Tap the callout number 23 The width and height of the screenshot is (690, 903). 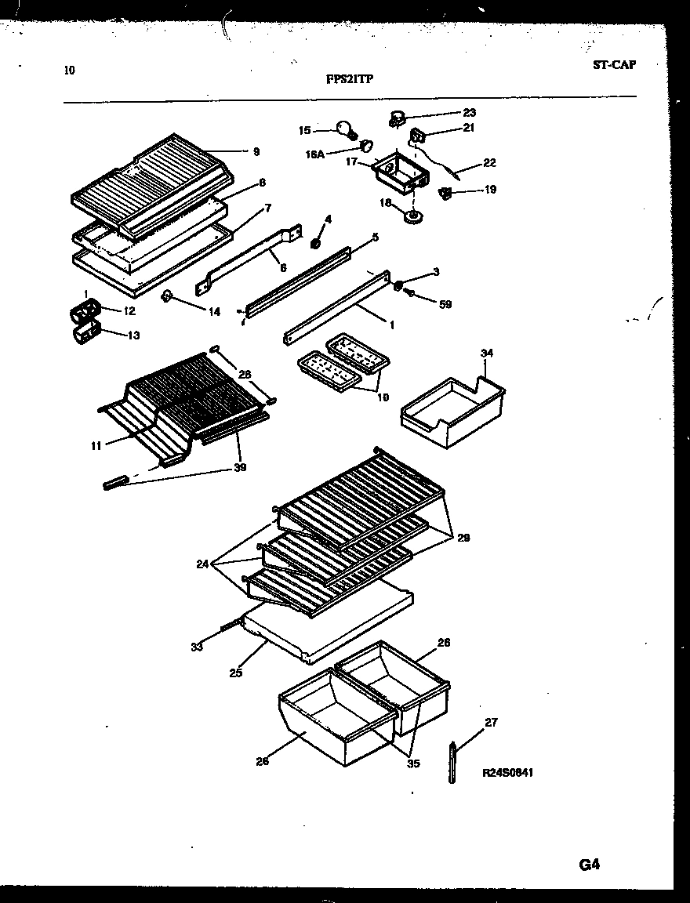point(469,113)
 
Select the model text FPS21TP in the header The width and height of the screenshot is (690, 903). point(350,78)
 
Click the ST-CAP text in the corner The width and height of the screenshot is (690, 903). point(614,64)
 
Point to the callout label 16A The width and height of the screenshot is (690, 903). point(315,155)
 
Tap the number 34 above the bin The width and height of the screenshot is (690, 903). point(487,354)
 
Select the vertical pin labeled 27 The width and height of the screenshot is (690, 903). point(453,762)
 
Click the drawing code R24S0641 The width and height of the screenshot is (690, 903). point(509,773)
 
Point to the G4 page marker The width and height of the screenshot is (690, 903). point(590,865)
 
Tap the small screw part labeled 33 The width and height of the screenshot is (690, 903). point(227,625)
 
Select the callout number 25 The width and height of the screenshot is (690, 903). point(236,672)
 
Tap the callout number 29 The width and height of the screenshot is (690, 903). point(464,538)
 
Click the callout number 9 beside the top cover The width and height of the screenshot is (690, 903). point(256,152)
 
